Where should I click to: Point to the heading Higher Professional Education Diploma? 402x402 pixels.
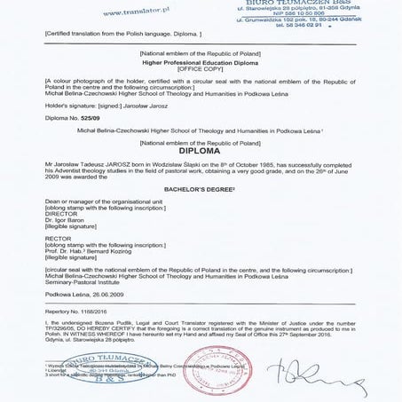200,64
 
